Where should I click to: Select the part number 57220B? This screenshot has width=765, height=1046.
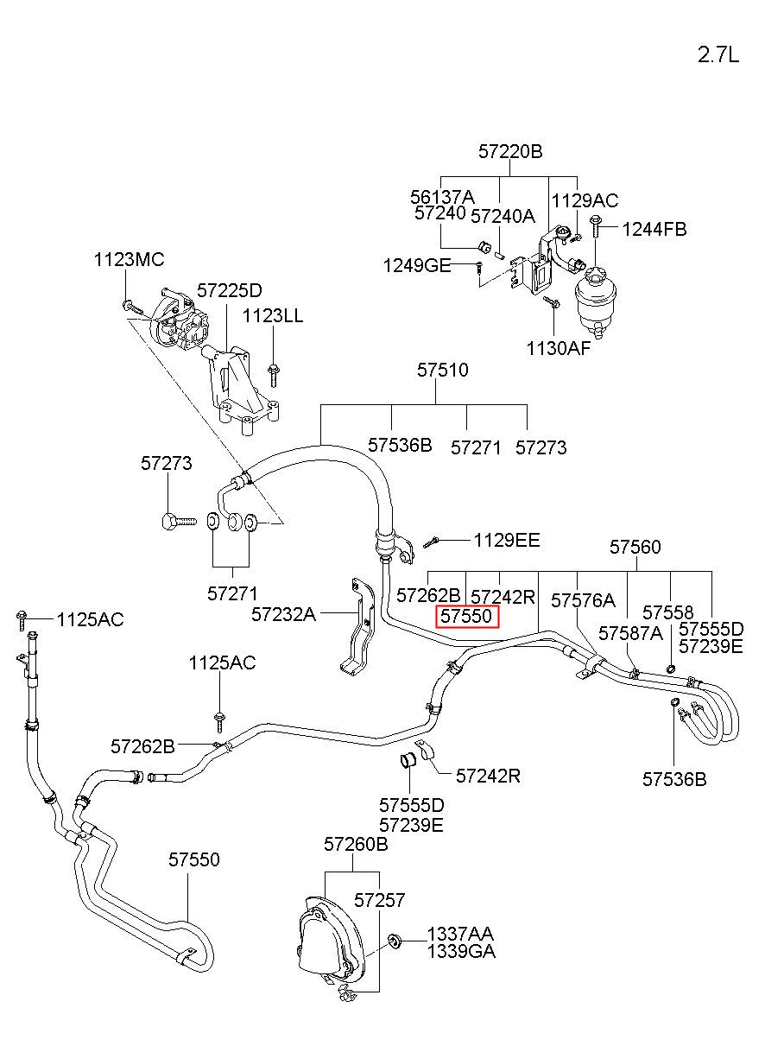point(510,151)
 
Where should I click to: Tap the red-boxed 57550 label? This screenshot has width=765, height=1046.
point(466,617)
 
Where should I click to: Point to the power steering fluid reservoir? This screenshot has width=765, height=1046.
point(595,302)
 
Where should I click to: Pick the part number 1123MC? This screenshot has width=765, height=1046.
point(129,259)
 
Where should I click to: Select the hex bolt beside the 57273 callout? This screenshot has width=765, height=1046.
point(179,521)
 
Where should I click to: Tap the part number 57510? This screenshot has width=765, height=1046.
point(442,370)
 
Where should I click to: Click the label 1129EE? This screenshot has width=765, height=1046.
point(507,541)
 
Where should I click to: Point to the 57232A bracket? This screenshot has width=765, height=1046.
point(357,624)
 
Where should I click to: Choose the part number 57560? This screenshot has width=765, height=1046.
point(635,547)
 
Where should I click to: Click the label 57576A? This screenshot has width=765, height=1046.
point(583,600)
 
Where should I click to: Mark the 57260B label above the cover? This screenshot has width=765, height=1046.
point(356,844)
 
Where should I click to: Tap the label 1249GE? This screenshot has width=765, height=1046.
point(417,266)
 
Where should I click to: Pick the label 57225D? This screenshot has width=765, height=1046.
point(229,290)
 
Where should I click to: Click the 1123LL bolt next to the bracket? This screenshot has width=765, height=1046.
point(273,374)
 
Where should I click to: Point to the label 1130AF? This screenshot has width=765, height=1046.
point(559,348)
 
